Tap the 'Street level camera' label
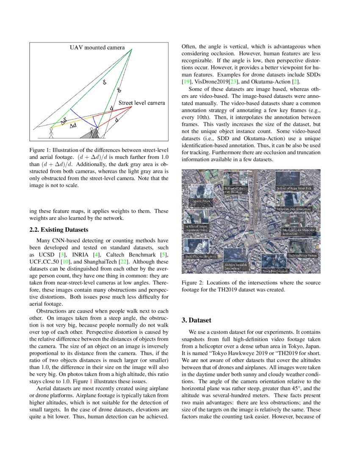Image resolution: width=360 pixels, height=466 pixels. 141,103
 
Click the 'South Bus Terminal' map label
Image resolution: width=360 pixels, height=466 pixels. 275,270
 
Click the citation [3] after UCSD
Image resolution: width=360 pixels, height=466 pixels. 62,254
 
